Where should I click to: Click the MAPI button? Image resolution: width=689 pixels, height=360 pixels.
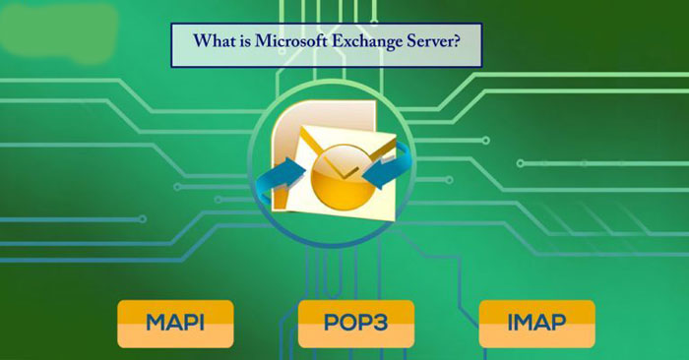175,324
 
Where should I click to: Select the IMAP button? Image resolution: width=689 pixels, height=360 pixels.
536,324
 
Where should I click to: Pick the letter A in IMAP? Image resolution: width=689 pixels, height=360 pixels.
546,324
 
